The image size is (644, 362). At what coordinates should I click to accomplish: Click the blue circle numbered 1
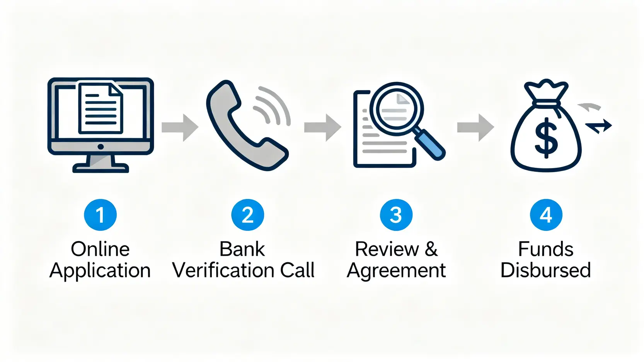point(100,215)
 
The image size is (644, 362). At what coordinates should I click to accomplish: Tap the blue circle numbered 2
point(247,215)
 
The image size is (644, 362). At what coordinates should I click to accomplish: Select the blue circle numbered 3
point(396,215)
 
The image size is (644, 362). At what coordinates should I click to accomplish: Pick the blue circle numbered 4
point(545,215)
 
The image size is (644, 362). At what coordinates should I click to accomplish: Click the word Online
point(100,249)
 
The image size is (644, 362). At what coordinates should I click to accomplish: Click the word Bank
point(242,249)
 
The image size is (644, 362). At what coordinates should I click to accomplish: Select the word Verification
point(224,270)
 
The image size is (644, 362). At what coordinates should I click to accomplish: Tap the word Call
point(297,270)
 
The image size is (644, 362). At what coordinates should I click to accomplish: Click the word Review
point(387,249)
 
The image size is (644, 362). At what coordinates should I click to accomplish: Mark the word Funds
point(545,249)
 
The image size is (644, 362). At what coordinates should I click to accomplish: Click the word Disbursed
point(545,270)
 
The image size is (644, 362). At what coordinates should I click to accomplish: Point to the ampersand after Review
point(431,249)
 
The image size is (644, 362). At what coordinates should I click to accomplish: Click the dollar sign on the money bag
point(546,138)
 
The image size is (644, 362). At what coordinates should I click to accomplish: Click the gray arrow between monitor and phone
point(180,127)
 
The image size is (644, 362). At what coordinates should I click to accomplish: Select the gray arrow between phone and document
point(322,127)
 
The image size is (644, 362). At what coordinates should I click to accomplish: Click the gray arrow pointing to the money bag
point(475,127)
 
